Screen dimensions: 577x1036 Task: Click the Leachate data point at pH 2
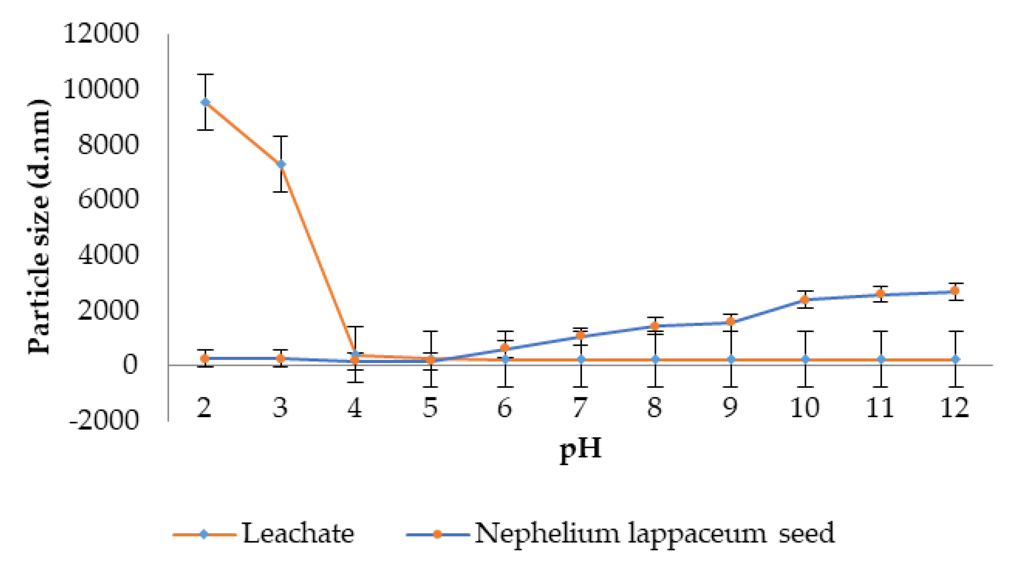coord(205,102)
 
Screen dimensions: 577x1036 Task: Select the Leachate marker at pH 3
coord(281,164)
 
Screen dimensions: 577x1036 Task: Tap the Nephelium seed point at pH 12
coord(955,291)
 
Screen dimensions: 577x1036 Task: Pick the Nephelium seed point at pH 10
coord(805,299)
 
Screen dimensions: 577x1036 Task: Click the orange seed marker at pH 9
coord(730,321)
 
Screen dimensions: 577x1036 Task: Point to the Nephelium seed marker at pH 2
coord(205,359)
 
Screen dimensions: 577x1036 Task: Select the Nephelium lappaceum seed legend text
coord(654,534)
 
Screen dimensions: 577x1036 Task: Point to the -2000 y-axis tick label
coord(104,420)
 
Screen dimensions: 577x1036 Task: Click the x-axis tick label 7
coord(580,408)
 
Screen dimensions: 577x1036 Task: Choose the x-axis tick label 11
coord(880,408)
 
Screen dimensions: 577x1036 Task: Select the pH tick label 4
coord(355,408)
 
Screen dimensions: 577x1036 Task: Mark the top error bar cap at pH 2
coord(205,75)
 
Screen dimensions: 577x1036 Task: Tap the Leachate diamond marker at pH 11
coord(880,359)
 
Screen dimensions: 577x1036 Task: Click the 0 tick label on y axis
coord(130,365)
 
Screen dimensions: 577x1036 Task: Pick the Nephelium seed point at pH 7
coord(580,335)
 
